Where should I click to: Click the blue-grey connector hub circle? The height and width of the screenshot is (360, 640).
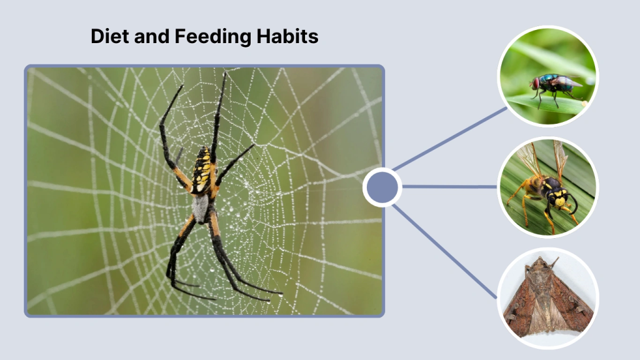(382, 187)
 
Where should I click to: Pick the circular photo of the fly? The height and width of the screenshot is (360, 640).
(547, 77)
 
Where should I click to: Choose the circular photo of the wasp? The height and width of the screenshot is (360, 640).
(547, 187)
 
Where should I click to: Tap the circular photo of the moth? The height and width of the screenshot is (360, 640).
(547, 297)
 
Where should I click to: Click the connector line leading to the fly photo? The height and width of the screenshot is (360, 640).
(450, 139)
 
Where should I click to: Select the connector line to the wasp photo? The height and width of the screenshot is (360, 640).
(450, 186)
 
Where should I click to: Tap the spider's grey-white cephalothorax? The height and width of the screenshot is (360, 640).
(200, 207)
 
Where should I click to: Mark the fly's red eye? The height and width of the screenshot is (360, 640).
(536, 83)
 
